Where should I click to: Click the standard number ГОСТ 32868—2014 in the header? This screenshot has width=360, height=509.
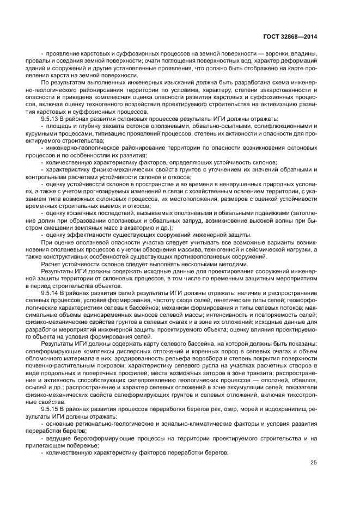pyautogui.click(x=289, y=36)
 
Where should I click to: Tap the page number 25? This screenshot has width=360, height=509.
pyautogui.click(x=313, y=463)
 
